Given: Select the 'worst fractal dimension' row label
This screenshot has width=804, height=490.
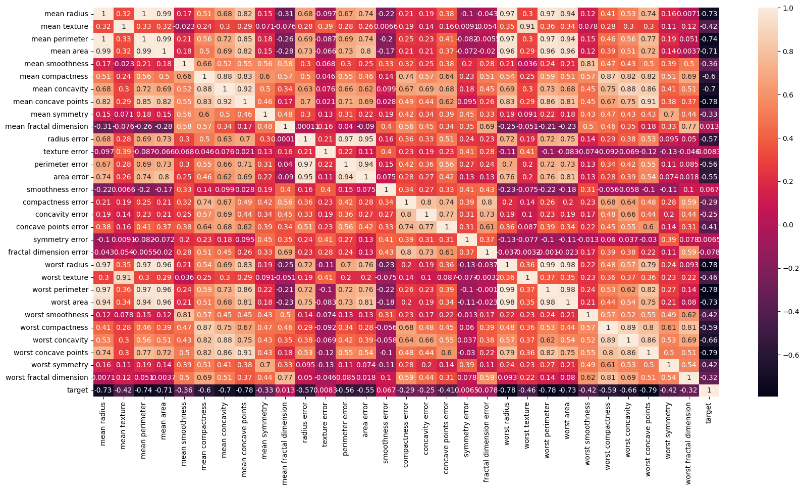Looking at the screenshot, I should click(47, 377).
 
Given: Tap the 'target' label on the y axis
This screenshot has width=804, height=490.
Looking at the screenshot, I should click(77, 390).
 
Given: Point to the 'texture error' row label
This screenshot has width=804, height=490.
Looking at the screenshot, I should click(66, 152).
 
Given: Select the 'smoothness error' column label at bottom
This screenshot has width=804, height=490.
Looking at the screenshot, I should click(386, 435).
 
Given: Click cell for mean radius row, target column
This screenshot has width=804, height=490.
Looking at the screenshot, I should click(709, 14).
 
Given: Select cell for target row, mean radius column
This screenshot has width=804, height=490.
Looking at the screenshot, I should click(103, 390).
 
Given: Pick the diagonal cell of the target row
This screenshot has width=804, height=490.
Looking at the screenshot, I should click(709, 390).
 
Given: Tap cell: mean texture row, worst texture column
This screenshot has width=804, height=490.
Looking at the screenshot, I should click(527, 26).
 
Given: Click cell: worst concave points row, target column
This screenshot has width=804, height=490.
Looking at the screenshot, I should click(709, 353).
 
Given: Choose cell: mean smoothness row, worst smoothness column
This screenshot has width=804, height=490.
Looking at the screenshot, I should click(588, 64).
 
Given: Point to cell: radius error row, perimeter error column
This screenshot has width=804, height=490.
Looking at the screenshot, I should click(346, 139).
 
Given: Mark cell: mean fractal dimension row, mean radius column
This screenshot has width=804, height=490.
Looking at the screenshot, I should click(103, 126).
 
